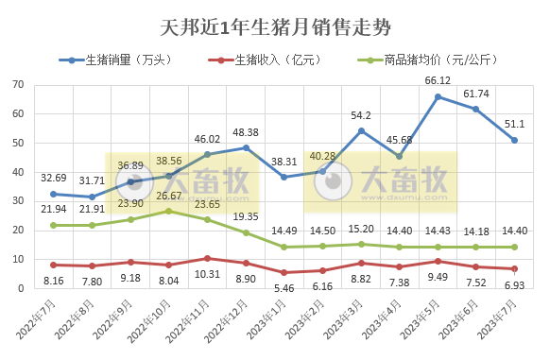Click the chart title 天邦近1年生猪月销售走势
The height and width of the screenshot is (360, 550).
pos(275,26)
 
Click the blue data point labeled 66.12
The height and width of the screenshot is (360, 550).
pos(438,96)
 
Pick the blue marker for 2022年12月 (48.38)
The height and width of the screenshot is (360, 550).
pos(246,147)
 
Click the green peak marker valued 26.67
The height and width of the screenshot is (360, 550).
pos(169,211)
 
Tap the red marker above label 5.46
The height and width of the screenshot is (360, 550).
pos(284,272)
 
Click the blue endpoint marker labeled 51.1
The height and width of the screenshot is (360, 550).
pos(514,140)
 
